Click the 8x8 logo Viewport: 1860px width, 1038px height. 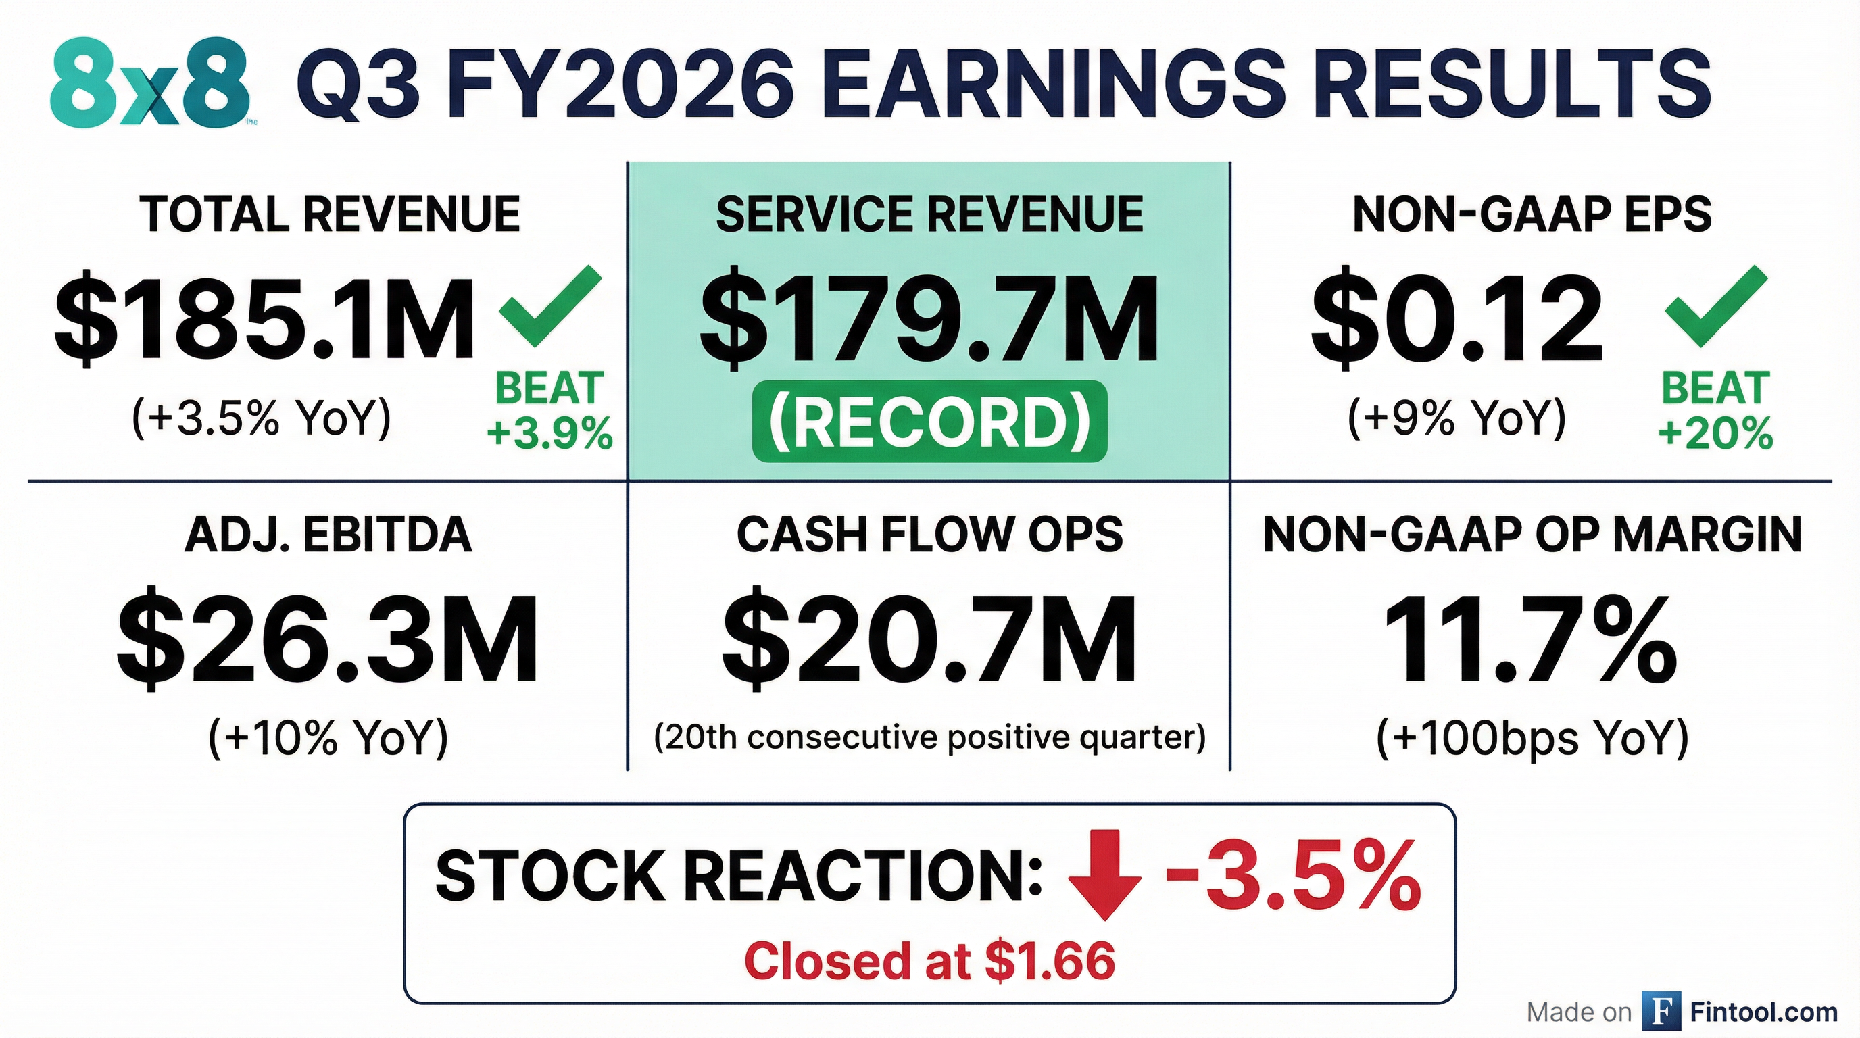(x=150, y=84)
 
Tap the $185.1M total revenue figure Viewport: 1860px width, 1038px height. (x=264, y=318)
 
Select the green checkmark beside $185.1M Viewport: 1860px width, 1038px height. (x=550, y=305)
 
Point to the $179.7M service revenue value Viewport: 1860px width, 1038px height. (x=929, y=318)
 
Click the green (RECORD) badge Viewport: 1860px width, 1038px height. (x=929, y=422)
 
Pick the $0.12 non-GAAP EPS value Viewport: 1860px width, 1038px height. (x=1457, y=318)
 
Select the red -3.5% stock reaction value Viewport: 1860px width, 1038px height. (x=1292, y=875)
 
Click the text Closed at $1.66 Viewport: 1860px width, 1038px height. (x=929, y=961)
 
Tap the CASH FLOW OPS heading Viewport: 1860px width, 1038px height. (x=929, y=535)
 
